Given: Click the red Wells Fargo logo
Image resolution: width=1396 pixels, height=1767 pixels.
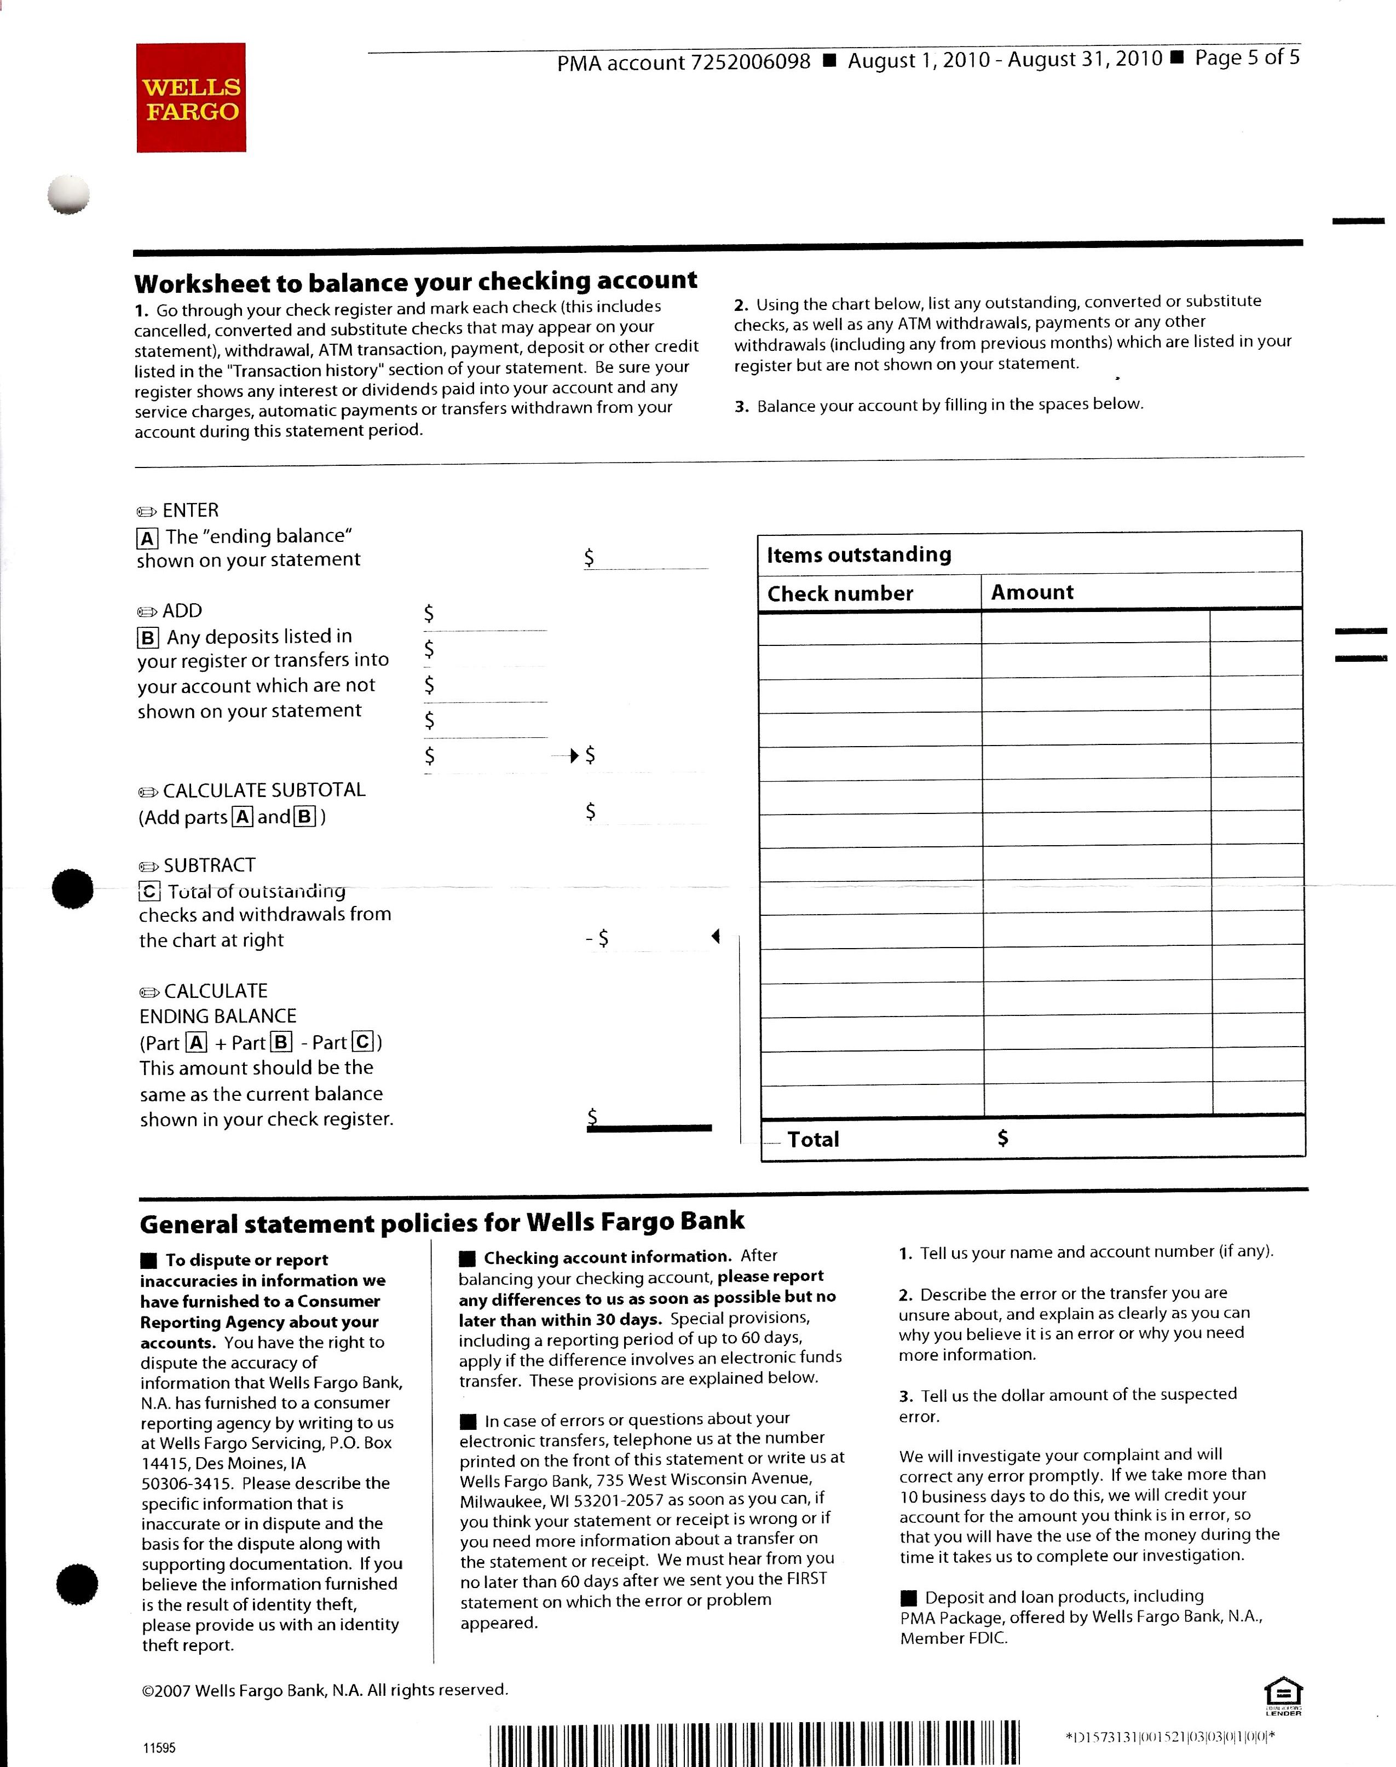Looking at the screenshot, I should (x=191, y=98).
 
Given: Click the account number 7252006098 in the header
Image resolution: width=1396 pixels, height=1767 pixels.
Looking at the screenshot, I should (x=751, y=62).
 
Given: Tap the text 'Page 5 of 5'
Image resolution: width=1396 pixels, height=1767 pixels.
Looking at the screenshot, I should (x=1247, y=58).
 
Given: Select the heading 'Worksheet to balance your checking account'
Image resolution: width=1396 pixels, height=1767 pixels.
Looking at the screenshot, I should (x=415, y=282).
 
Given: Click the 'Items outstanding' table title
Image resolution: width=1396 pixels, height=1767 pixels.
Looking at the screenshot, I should (x=858, y=555).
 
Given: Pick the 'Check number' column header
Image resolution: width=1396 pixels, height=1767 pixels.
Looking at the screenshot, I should (x=839, y=593).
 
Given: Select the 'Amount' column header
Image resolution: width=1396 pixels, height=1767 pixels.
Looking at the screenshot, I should (x=1031, y=592).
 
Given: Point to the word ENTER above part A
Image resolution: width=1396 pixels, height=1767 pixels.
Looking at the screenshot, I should (x=191, y=511).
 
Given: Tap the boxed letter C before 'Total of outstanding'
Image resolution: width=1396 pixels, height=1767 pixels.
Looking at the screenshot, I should (x=149, y=892).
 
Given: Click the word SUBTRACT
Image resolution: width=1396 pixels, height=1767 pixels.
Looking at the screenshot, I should (x=209, y=865).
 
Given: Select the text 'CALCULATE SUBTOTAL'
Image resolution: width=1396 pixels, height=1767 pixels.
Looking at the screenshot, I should (x=263, y=790).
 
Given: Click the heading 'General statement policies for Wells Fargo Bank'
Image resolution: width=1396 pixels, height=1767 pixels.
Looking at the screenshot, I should (x=441, y=1223).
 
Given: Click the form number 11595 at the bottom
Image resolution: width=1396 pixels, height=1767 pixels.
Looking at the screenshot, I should (x=159, y=1748).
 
